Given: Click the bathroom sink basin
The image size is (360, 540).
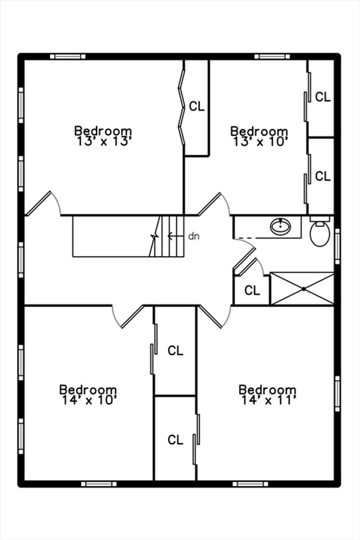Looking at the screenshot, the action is click(281, 226).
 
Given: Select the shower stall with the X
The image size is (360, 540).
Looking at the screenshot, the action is click(302, 289).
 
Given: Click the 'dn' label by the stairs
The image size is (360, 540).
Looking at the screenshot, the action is click(194, 236).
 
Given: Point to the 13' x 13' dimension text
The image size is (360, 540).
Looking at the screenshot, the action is click(104, 141).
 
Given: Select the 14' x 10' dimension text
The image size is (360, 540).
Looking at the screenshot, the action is click(89, 400).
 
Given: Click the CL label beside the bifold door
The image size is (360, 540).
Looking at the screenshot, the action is click(197, 106).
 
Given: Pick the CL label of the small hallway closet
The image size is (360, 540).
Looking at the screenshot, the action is click(252, 290).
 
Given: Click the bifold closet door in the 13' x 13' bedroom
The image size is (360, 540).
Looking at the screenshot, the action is click(181, 107).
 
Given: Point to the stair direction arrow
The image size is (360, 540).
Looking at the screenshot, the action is click(175, 236).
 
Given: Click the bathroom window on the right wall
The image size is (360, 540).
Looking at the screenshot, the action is click(337, 246).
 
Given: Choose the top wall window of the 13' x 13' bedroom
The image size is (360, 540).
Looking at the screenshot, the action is click(68, 56).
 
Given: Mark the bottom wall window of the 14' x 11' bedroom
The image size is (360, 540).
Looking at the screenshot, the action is click(250, 484).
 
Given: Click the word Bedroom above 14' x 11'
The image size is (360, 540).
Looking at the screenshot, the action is click(268, 390).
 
